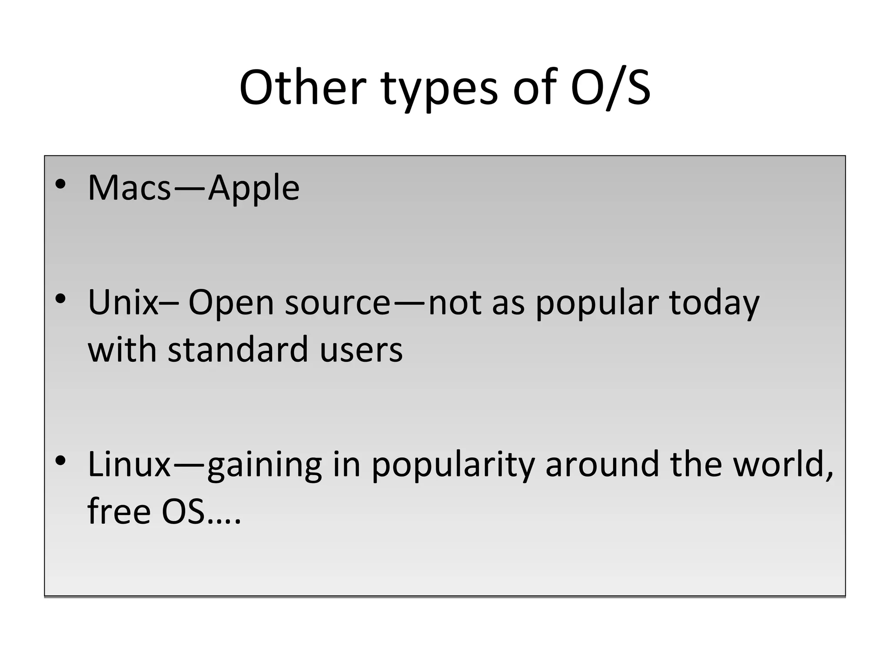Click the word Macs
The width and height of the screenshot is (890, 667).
130,188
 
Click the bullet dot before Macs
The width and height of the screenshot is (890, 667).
60,185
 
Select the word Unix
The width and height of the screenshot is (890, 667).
123,303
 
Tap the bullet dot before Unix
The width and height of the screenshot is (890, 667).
60,299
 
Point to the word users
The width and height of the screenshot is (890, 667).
361,350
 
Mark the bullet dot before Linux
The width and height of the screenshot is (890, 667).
60,461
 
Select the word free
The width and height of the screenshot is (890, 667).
119,511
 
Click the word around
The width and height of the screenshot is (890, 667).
602,465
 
